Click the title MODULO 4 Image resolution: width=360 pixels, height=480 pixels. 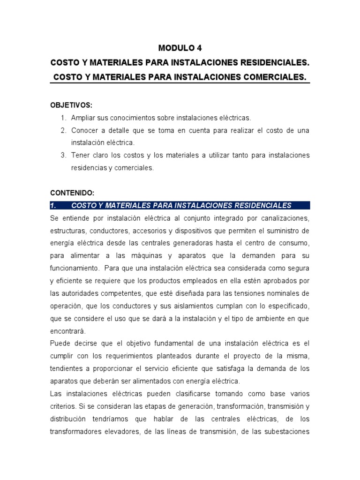[x=180, y=48]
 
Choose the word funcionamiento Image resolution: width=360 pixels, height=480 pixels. [x=75, y=268]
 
